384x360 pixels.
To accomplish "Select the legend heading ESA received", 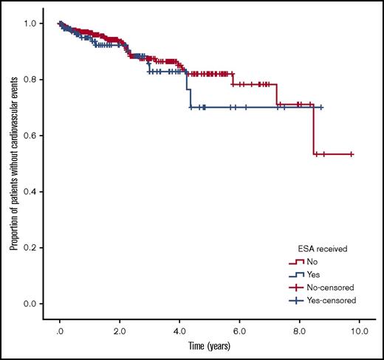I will coord(312,248).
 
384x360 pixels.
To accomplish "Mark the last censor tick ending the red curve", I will coord(351,154).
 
